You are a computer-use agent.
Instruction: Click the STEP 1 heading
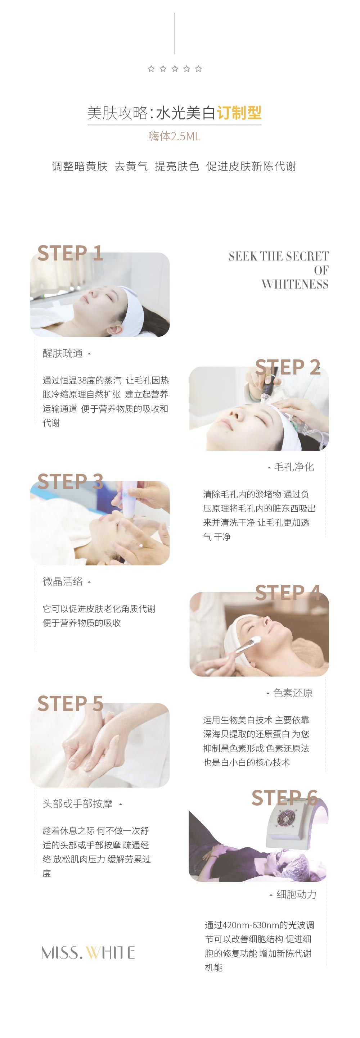click(70, 253)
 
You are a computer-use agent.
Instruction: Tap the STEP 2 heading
click(288, 367)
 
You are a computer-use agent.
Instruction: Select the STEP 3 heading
click(70, 481)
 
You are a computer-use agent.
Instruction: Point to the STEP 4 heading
click(288, 593)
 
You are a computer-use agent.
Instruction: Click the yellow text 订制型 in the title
click(239, 113)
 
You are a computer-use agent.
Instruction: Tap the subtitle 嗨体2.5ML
click(174, 136)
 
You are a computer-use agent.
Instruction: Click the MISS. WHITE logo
click(88, 953)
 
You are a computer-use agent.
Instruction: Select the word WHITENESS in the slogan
click(295, 285)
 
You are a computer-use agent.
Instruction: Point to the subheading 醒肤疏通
click(63, 353)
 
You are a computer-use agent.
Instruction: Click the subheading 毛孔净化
click(294, 467)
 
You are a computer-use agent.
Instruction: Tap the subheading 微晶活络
click(63, 581)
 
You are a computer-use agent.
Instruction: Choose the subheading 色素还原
click(293, 693)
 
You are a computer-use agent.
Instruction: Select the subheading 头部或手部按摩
click(77, 804)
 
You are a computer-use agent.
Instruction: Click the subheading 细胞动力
click(296, 894)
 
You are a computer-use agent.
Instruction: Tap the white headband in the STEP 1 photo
click(133, 310)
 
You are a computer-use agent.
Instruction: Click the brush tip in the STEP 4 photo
click(255, 640)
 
